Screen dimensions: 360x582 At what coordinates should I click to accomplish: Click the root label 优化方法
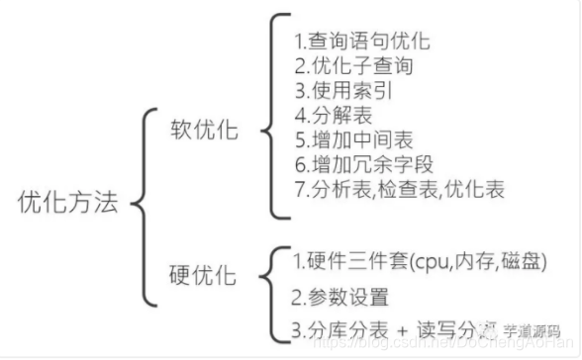[68, 203]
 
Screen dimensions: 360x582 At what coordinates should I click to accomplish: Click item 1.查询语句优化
[362, 44]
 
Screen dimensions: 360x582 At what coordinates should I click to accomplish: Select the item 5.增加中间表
[346, 140]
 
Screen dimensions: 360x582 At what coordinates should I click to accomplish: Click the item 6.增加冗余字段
[362, 165]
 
